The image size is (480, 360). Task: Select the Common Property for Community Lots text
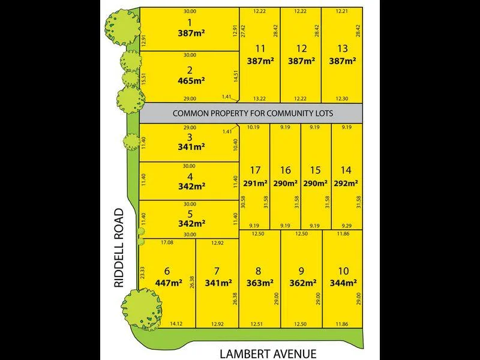[253, 113]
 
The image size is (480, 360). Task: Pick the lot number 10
[343, 270]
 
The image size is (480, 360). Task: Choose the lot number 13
[343, 48]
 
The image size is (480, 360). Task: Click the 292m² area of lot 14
[346, 184]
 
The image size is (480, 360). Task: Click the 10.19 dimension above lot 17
[253, 127]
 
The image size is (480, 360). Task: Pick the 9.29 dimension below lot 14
[345, 226]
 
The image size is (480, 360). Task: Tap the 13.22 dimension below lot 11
[260, 98]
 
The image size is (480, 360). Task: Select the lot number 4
[190, 176]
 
